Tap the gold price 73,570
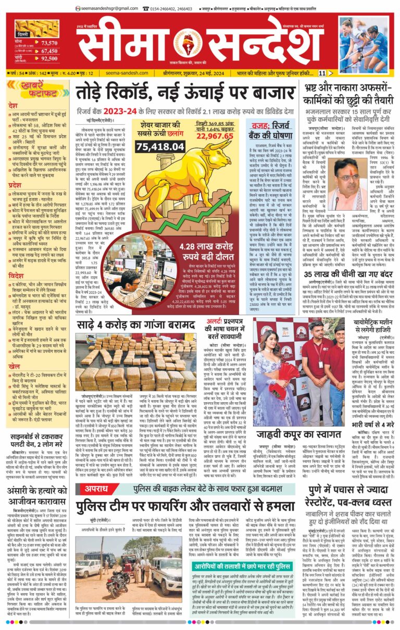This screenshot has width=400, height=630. (49, 43)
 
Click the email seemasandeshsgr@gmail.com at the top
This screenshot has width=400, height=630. (103, 8)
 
